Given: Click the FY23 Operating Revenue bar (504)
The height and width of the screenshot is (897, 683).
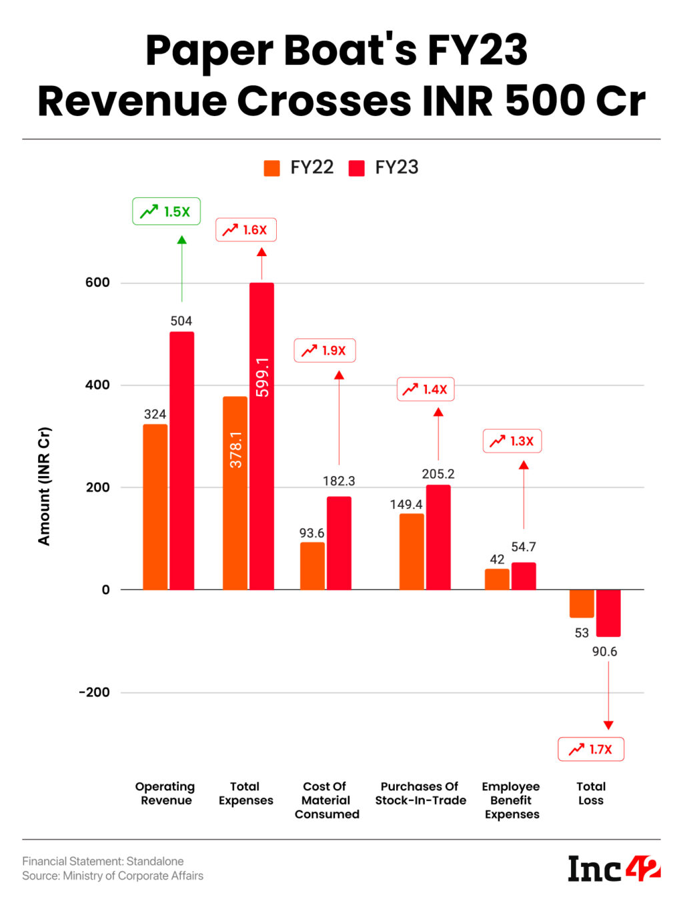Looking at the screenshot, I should [181, 460].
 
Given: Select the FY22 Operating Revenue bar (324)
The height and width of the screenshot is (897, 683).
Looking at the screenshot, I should [155, 507].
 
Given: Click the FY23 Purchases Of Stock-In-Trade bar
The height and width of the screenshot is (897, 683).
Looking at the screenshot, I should [438, 537].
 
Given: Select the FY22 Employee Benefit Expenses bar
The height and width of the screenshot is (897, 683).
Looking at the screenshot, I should [497, 579].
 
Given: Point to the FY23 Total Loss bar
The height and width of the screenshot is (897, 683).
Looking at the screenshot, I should [608, 613].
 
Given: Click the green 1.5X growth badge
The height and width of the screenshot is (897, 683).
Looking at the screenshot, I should [166, 211].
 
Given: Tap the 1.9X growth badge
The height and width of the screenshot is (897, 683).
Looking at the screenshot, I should [325, 351].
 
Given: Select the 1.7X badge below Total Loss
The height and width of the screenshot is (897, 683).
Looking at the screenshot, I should [591, 749].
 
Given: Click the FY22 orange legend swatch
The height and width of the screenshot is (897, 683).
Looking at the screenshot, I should [271, 168].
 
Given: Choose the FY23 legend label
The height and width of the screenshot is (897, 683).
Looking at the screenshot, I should [396, 167].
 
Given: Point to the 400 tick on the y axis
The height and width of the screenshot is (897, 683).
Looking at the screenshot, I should [97, 385].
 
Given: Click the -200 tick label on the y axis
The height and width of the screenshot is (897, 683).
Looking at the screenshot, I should [94, 692].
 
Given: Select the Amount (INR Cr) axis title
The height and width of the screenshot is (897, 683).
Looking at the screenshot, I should [44, 486].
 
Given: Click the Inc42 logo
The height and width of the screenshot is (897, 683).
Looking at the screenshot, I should [614, 868].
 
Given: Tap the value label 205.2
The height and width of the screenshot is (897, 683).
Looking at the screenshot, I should [438, 474].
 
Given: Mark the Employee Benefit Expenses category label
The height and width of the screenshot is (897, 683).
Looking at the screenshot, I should [512, 800].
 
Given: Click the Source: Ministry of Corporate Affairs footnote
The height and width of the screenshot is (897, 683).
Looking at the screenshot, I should [113, 876].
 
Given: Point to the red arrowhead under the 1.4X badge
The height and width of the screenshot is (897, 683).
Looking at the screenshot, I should [438, 412].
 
